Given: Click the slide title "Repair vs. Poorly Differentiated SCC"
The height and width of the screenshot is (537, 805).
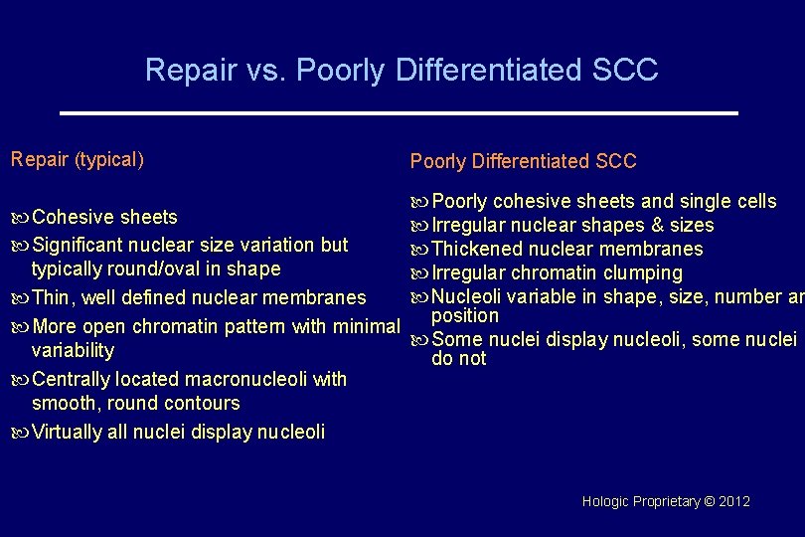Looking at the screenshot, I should [x=402, y=70].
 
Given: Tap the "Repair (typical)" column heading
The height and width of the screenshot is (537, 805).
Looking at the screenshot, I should [x=77, y=159].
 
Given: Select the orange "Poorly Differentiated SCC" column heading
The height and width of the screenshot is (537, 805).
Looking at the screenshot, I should [x=523, y=161].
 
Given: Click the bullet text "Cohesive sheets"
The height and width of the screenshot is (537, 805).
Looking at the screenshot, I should [x=104, y=217].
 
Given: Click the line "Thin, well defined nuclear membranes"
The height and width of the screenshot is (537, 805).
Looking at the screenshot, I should [x=199, y=297].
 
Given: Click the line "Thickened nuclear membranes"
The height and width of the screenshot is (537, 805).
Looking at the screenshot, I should [x=566, y=249].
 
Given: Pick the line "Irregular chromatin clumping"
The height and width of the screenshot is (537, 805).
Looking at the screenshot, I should [x=557, y=272].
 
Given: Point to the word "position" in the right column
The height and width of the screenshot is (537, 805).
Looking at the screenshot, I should [x=465, y=316].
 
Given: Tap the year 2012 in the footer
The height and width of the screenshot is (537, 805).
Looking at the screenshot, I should [x=732, y=501].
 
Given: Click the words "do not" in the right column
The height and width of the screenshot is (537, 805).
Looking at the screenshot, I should [x=459, y=359].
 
